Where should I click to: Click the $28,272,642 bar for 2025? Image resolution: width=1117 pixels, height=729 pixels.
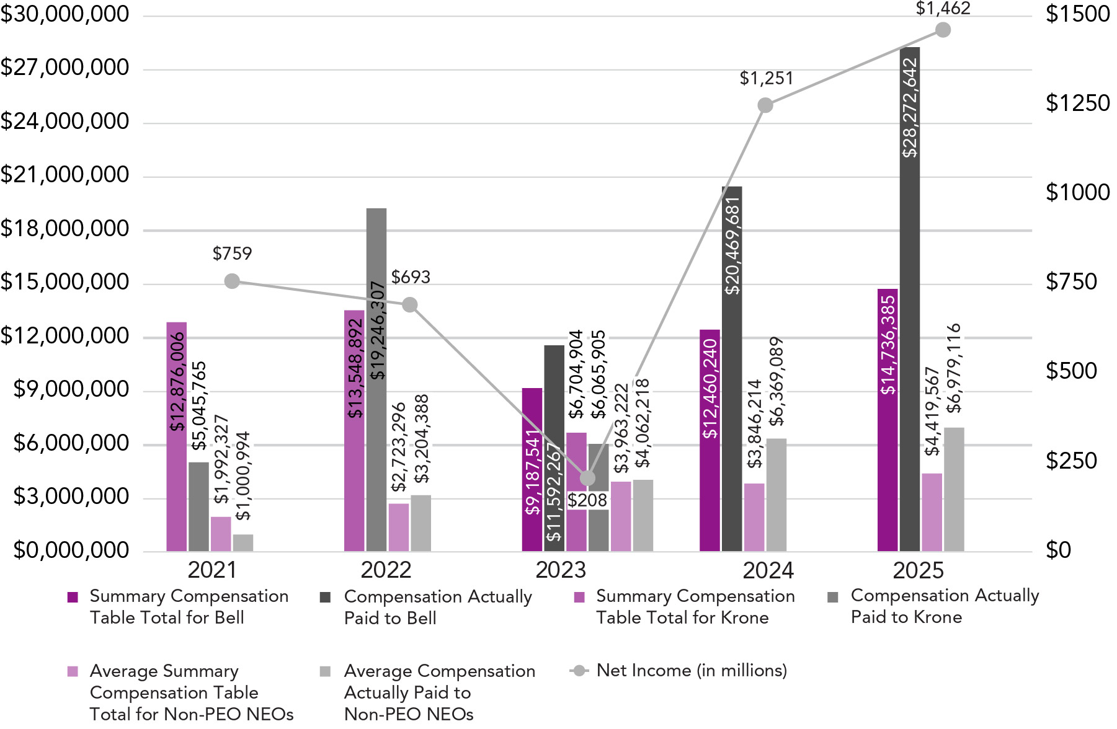coord(909,298)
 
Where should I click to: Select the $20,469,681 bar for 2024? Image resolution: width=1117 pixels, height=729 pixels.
coord(732,372)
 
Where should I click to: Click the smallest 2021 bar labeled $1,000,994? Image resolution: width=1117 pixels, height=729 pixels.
coord(243,543)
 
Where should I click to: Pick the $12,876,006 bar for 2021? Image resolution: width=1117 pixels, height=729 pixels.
coord(177,434)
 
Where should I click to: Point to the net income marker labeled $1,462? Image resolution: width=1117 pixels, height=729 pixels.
coord(943,30)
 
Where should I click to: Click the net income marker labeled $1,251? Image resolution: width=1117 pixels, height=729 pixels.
coord(765,105)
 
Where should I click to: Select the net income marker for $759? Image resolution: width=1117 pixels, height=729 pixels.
coord(232,281)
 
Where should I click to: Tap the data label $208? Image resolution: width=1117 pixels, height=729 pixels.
coord(587,500)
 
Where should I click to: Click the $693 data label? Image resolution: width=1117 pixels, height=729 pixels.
coord(411,277)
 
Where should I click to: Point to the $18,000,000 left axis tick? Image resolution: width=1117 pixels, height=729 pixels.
coord(65,229)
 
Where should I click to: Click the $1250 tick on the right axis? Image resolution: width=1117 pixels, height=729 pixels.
coord(1077,103)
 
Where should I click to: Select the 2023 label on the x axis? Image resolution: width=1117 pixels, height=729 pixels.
coord(561,570)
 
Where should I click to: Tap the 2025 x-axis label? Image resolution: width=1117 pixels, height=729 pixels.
coord(918,570)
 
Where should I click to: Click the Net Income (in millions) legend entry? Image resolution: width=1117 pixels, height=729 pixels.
coord(692,671)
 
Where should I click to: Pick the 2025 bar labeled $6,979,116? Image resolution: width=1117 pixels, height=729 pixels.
coord(954,490)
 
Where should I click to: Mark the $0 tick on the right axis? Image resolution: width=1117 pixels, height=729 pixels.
coord(1058,550)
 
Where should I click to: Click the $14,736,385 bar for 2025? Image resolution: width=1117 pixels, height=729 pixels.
coord(888,422)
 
